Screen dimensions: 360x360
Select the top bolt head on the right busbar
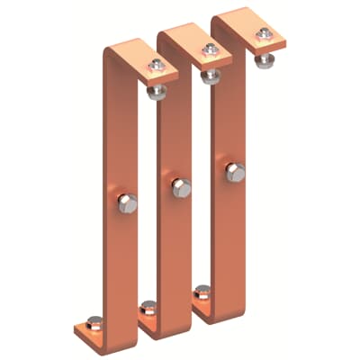click(x=263, y=34)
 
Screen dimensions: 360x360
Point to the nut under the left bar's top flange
click(x=158, y=91)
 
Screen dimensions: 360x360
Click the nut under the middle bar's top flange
click(x=211, y=75)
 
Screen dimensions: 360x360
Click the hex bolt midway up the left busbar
click(x=127, y=204)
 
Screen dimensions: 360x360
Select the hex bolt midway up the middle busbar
click(x=181, y=188)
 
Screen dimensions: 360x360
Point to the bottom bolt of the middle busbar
click(x=148, y=308)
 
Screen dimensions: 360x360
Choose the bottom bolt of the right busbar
click(x=202, y=292)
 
